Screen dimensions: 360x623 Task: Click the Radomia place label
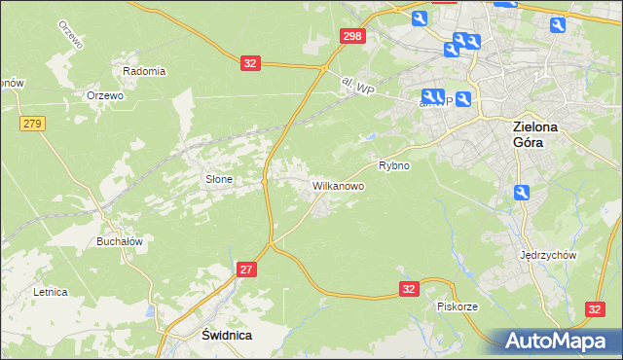[144, 71]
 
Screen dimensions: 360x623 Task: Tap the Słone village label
[217, 179]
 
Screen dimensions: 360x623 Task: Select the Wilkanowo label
[338, 185]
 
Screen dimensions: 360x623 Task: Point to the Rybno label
[393, 165]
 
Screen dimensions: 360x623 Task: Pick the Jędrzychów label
[550, 255]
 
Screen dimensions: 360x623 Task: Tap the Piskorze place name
[457, 306]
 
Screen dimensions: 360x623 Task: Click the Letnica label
[49, 291]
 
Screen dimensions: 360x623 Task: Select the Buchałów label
[120, 241]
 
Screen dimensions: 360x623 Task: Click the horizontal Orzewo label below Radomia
[104, 95]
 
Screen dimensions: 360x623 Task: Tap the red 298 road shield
[353, 36]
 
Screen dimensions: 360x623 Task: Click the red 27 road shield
[245, 269]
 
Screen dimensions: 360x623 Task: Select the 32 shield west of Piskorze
[410, 288]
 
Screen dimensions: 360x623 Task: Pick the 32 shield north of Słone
[251, 63]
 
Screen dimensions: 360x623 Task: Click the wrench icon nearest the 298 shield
[420, 18]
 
